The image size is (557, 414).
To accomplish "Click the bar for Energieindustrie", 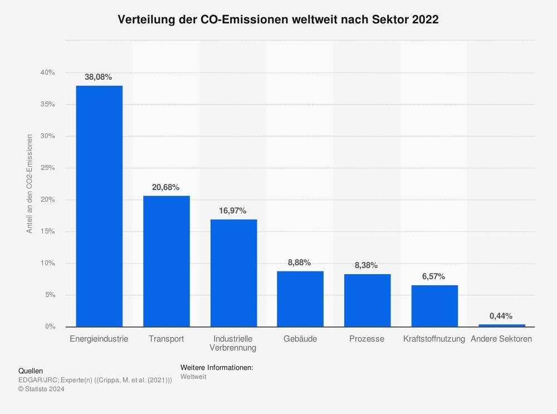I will coord(99,206).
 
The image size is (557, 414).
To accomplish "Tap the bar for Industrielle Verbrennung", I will coord(233,273).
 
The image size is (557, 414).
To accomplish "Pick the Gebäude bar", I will coord(300,299).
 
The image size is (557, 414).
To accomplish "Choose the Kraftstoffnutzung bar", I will coord(434,306).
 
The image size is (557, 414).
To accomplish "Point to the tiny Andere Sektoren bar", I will coord(501,325).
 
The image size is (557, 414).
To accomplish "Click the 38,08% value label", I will coord(99,77).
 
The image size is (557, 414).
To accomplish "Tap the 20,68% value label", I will coord(165,188).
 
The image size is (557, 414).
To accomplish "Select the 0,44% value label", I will coord(501,316).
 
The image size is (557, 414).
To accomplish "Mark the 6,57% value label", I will coord(433,277).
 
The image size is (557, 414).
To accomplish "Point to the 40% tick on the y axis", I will coord(47,72).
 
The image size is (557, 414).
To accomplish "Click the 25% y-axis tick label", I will coord(47,168).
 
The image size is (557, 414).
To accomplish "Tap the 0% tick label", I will coord(50,327).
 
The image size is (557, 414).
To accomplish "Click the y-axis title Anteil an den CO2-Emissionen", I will coord(30,183).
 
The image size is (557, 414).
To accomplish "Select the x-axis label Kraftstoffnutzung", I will coord(434,339).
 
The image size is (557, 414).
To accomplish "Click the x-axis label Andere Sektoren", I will coord(501,339).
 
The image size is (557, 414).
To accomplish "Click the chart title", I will coord(278,20).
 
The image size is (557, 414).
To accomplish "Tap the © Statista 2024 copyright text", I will coord(41,389).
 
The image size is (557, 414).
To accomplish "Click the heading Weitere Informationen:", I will coord(217,368).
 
